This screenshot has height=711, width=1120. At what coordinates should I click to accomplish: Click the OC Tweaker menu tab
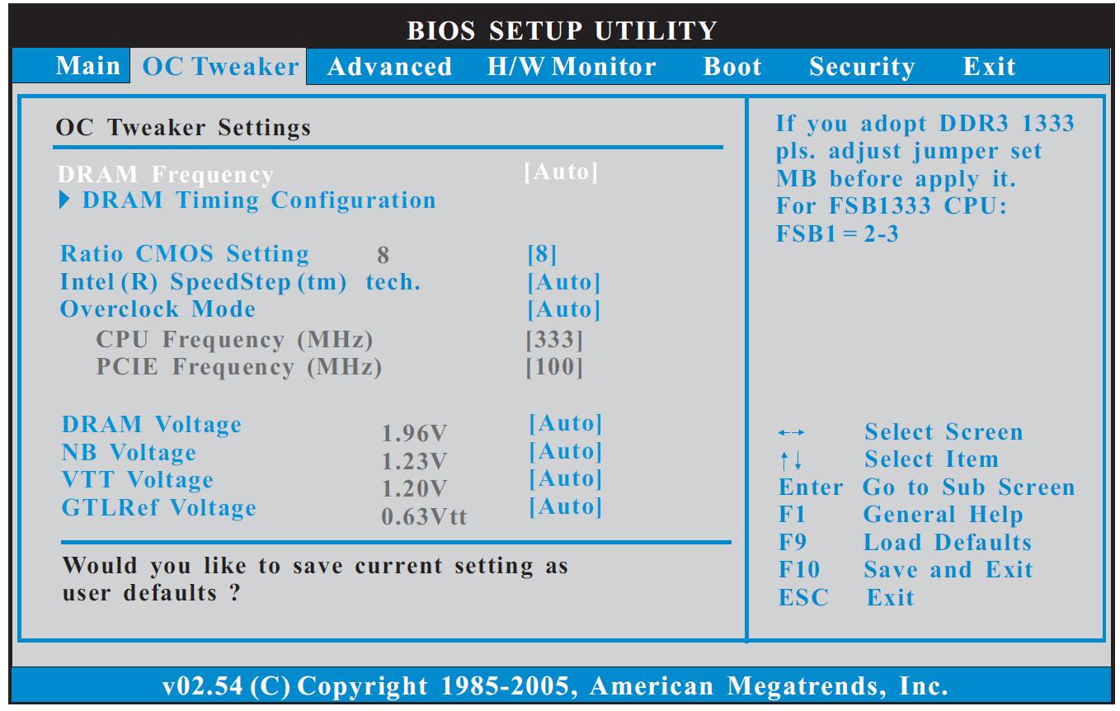click(x=220, y=67)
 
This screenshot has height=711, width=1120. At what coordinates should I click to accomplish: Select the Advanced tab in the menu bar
click(x=389, y=67)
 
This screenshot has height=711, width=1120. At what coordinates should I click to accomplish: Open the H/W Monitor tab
click(x=572, y=67)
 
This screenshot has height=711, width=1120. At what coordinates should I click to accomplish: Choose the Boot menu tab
click(x=732, y=67)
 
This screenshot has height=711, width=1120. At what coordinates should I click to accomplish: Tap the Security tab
click(x=862, y=68)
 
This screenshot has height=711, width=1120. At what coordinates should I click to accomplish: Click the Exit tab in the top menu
click(x=989, y=67)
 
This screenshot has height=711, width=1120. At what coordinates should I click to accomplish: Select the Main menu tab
click(x=88, y=66)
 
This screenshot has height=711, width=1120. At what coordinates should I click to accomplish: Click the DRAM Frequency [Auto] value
click(x=561, y=172)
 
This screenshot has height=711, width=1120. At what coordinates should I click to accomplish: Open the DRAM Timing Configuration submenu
click(x=259, y=200)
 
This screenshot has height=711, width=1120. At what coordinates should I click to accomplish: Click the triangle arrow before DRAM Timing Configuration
click(x=64, y=200)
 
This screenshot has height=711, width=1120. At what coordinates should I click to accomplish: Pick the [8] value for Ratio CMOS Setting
click(x=542, y=254)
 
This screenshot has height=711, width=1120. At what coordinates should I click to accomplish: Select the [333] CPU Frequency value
click(x=554, y=340)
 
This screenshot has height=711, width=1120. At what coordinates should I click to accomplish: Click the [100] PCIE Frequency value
click(x=554, y=367)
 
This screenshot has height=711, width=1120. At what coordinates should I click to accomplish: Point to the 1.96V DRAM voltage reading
click(x=414, y=434)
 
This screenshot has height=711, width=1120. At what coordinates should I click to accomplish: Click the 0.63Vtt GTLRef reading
click(x=424, y=517)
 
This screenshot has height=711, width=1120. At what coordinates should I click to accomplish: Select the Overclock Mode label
click(x=158, y=309)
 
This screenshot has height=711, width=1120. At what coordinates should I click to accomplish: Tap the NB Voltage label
click(x=129, y=453)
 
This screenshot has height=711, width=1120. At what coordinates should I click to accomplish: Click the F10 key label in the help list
click(x=799, y=569)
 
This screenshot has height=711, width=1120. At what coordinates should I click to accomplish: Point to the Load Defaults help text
click(x=948, y=543)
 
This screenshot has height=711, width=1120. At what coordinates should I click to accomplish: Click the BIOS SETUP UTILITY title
click(x=562, y=31)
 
